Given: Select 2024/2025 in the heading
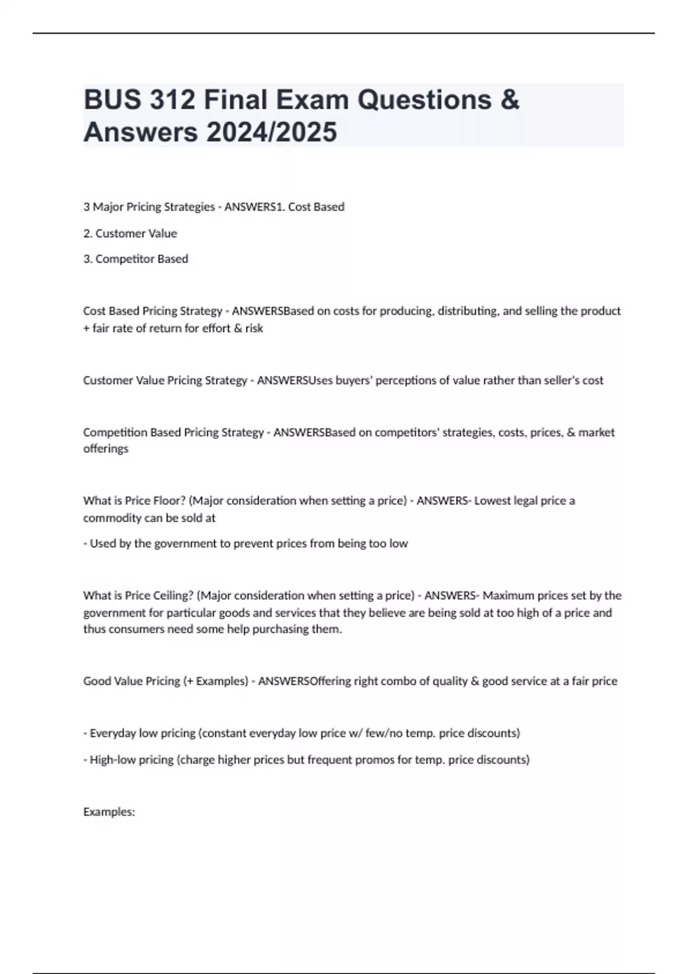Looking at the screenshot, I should (x=272, y=132).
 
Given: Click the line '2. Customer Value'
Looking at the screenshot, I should (x=130, y=233).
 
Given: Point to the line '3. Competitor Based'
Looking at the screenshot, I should (x=136, y=259).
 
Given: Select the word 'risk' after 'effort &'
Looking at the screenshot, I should (x=254, y=328).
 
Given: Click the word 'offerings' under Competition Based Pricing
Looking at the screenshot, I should (x=106, y=449).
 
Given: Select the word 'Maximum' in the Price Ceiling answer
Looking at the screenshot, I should (x=509, y=595).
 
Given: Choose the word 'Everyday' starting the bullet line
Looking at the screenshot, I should (x=113, y=733).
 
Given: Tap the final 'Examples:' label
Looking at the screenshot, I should (x=109, y=812).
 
